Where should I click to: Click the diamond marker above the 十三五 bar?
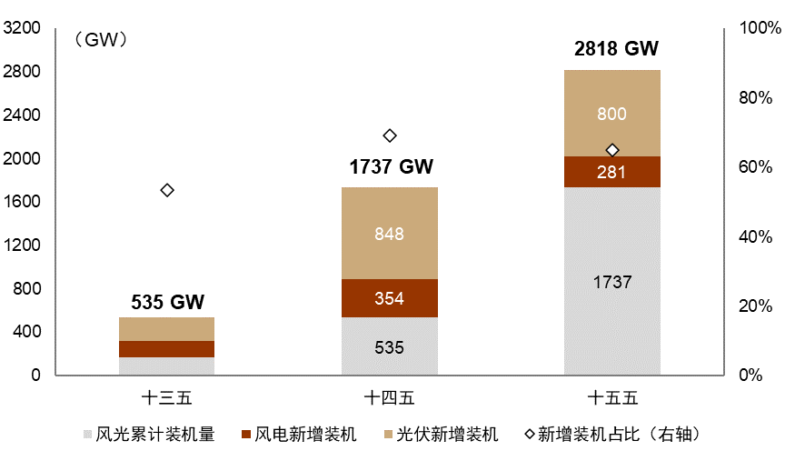click(x=167, y=190)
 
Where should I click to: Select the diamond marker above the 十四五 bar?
click(x=390, y=135)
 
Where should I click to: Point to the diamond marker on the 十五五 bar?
click(x=612, y=150)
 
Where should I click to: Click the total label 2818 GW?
click(x=616, y=49)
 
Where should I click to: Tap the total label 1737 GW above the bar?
click(x=392, y=167)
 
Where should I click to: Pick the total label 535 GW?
click(x=168, y=302)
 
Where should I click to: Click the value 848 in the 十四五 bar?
click(x=389, y=234)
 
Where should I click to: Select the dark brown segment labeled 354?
click(x=389, y=298)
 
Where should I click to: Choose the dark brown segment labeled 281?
click(x=611, y=172)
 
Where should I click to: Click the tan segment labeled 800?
click(x=611, y=114)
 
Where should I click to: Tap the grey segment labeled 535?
click(x=389, y=347)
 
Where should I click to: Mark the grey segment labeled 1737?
click(x=611, y=282)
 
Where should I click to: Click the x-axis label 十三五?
click(x=167, y=397)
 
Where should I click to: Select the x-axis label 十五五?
click(x=611, y=397)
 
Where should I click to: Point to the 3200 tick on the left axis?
click(x=23, y=28)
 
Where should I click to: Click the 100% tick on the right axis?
click(x=753, y=28)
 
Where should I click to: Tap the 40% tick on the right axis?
click(x=753, y=236)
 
